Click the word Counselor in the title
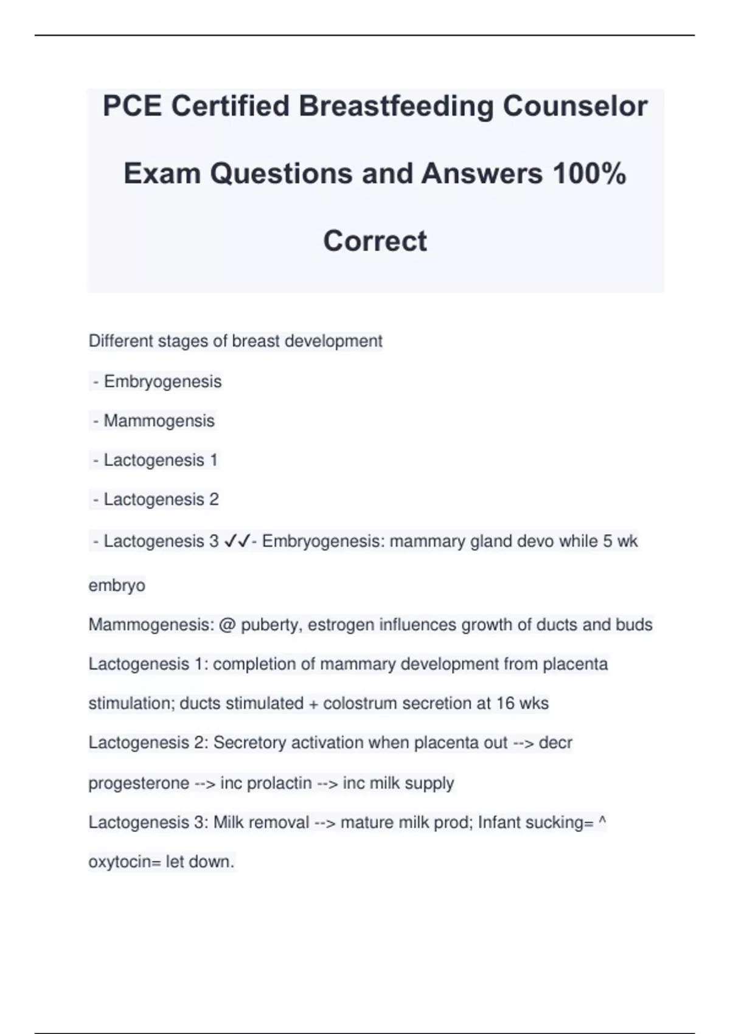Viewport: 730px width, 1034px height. pos(574,106)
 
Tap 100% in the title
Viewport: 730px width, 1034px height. pos(589,174)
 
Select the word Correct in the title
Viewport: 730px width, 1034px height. pos(375,241)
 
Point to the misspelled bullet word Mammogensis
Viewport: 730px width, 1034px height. pos(159,421)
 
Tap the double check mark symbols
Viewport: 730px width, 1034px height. pos(237,541)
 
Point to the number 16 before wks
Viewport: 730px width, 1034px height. pos(505,703)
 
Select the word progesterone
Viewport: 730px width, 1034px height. pos(139,783)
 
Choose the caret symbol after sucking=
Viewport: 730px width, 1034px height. pos(602,821)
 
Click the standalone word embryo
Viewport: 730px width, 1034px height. pos(117,586)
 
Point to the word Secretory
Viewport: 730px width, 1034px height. pos(250,743)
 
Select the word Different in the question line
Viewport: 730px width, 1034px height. pos(120,341)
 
